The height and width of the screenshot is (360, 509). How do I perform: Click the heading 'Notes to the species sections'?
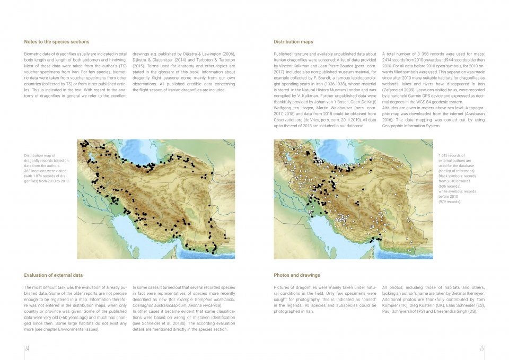(x=57, y=41)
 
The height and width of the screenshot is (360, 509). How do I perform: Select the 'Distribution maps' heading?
(x=293, y=41)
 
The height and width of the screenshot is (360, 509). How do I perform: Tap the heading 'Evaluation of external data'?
(x=54, y=275)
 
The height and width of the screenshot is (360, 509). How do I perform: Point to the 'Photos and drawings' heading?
(x=297, y=275)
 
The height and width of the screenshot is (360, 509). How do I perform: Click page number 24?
(x=27, y=348)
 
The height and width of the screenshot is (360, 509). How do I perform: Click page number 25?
(x=481, y=348)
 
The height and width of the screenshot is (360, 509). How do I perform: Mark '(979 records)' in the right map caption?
(x=450, y=202)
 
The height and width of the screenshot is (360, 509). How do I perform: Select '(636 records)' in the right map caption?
(x=450, y=187)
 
